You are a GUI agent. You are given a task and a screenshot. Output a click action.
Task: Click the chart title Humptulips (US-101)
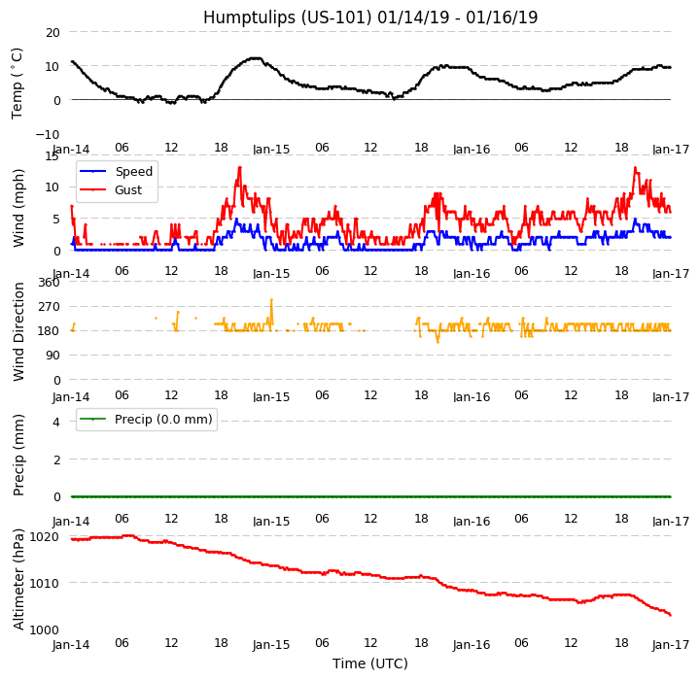370,17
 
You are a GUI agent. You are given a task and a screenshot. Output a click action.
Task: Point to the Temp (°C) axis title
17,83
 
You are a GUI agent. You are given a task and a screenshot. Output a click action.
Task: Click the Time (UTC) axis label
370,663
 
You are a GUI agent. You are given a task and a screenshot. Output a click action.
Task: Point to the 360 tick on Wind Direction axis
49,283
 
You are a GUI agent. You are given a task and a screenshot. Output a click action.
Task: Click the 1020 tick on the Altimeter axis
45,536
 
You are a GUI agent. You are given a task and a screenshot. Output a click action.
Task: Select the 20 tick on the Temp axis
52,32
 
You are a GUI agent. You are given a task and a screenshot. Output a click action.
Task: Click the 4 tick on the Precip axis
56,422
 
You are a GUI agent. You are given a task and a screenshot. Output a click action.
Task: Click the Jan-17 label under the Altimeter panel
671,645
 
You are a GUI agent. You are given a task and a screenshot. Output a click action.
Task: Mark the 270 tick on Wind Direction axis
49,307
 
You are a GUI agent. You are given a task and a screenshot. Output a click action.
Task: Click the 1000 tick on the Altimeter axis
45,629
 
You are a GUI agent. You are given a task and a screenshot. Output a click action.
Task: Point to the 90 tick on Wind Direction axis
52,356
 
